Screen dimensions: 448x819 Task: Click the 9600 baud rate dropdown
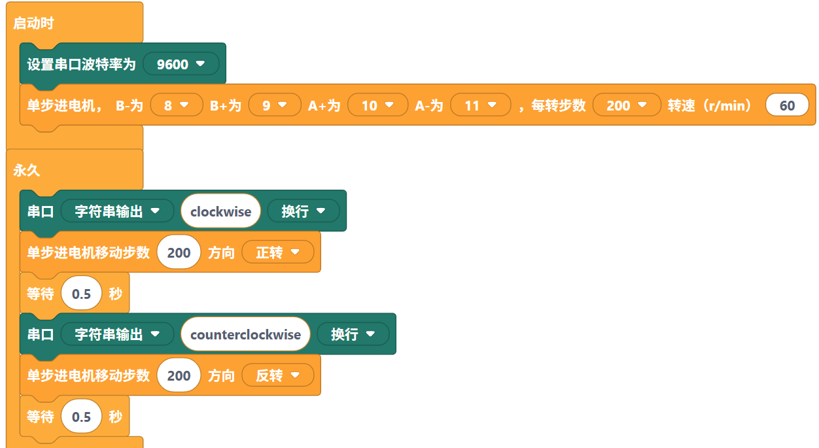tap(181, 64)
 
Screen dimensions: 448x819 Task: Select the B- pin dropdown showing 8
tap(176, 105)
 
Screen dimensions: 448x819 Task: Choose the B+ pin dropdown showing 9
tap(274, 105)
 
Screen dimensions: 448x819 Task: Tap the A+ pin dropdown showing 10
tap(377, 105)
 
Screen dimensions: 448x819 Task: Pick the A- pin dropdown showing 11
tap(480, 105)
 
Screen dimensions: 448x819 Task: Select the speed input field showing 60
tap(787, 105)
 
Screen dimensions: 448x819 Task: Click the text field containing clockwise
tap(220, 211)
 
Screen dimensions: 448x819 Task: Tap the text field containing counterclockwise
tap(245, 334)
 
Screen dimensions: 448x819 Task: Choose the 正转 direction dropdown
tap(277, 252)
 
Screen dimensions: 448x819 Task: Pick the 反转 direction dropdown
tap(277, 375)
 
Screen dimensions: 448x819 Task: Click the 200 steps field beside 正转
tap(179, 252)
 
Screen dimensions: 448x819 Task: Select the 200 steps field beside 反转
tap(179, 375)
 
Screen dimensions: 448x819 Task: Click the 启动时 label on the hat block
tap(33, 24)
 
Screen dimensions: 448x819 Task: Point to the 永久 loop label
tap(27, 171)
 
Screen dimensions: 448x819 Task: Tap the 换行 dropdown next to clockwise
tap(303, 211)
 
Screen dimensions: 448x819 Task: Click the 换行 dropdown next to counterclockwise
tap(353, 334)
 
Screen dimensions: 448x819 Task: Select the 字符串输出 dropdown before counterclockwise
tap(117, 334)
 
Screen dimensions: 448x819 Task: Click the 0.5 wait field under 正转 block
tap(82, 294)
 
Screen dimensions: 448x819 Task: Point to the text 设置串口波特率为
tap(81, 65)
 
